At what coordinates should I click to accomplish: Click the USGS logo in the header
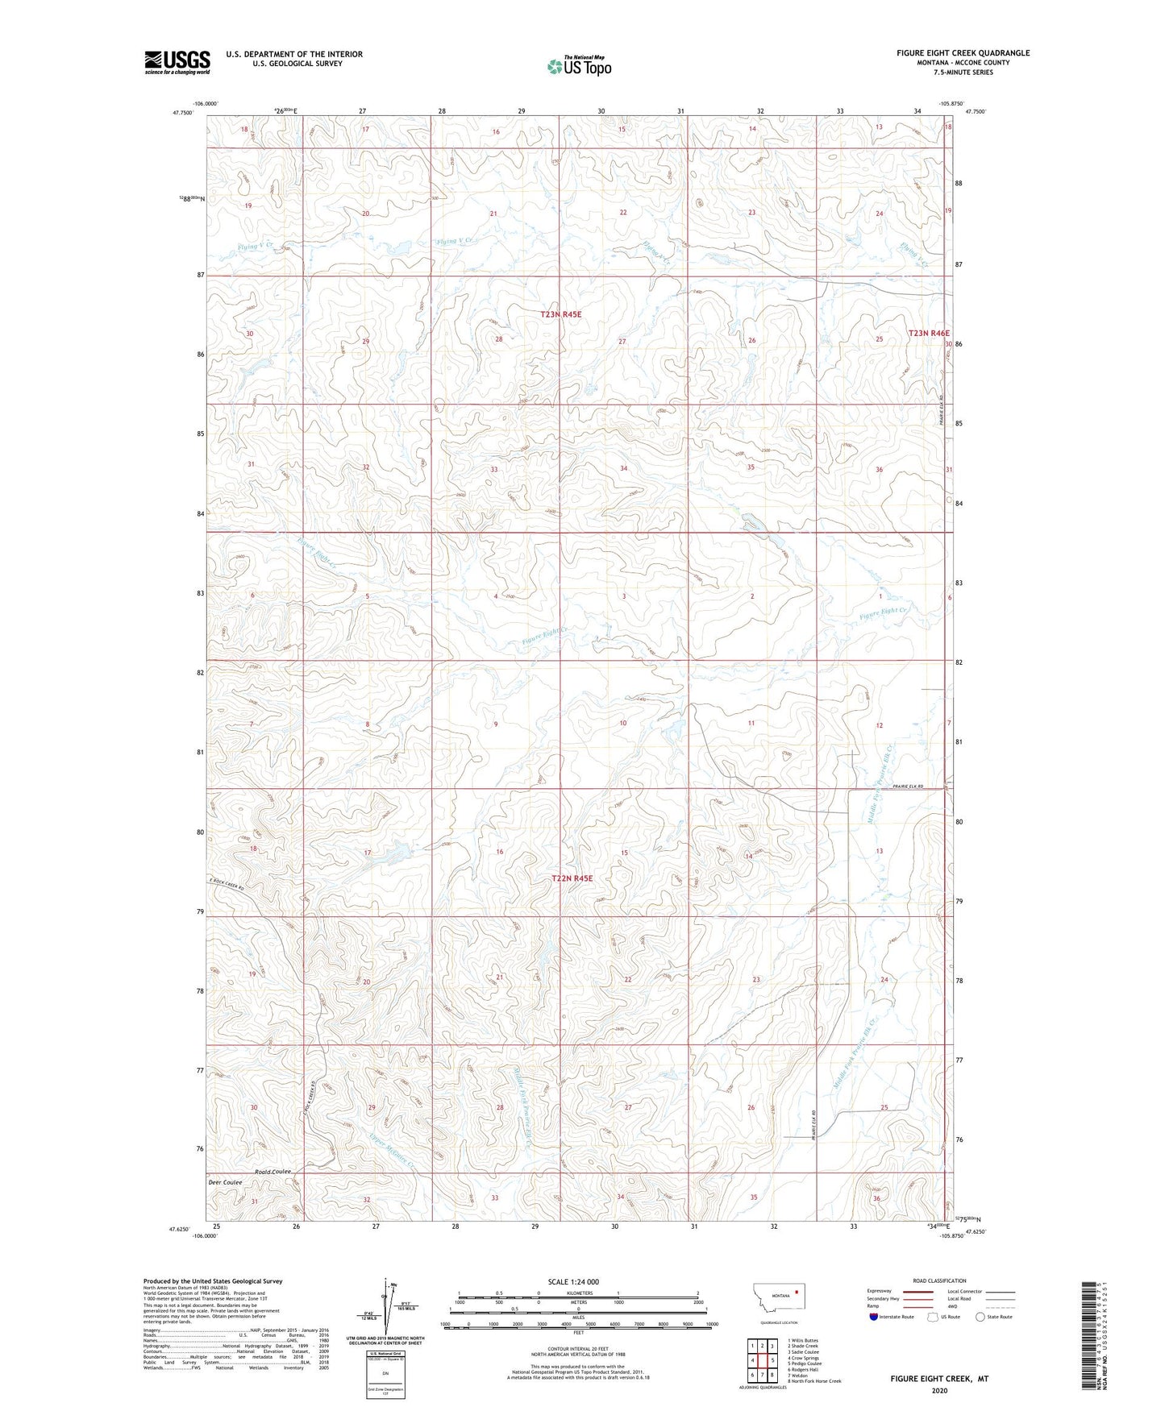[x=177, y=62]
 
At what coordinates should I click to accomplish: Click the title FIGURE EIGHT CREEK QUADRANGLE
[x=963, y=53]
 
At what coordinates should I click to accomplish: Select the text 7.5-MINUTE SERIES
[x=963, y=73]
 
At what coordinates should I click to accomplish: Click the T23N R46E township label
[x=929, y=333]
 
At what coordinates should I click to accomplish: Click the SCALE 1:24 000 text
[x=573, y=1282]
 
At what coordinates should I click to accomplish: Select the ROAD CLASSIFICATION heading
[x=939, y=1280]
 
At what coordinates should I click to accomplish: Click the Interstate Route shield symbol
[x=874, y=1317]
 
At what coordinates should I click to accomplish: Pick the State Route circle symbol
[x=980, y=1317]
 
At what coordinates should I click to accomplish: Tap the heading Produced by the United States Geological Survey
[x=213, y=1280]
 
